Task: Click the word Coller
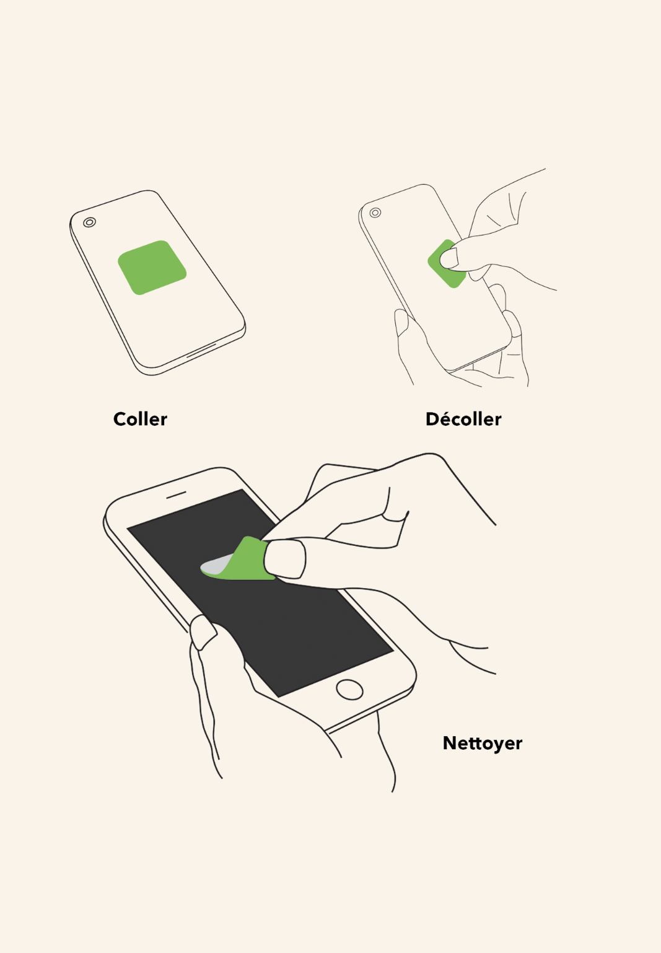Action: (x=140, y=419)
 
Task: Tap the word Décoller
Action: (x=463, y=419)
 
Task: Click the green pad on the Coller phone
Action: (x=152, y=267)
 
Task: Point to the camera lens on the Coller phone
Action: (x=89, y=222)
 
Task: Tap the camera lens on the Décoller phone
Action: (x=375, y=213)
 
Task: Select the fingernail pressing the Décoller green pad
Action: (x=449, y=258)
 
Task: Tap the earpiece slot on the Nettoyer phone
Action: (x=176, y=495)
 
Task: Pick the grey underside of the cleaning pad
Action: (x=216, y=565)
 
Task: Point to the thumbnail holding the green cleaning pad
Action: (x=284, y=559)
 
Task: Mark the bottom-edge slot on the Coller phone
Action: (x=202, y=349)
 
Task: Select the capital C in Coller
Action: (x=120, y=419)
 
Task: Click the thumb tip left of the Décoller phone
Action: (x=401, y=322)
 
